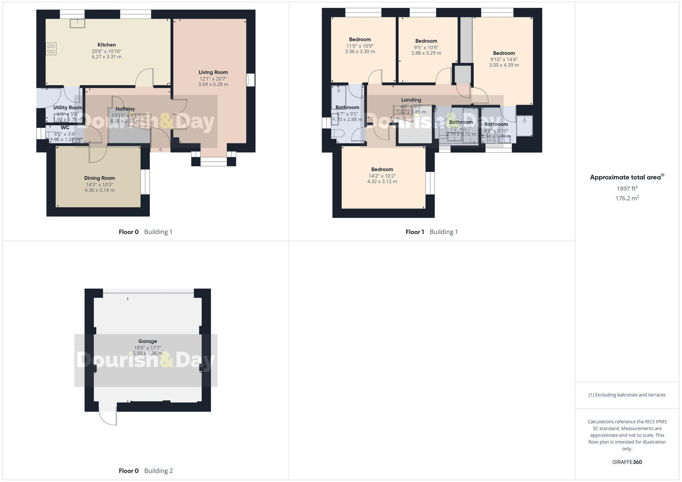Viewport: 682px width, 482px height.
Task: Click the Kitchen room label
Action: coord(107,45)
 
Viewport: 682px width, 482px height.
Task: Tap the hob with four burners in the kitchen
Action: coord(51,49)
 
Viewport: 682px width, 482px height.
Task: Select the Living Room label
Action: coord(213,72)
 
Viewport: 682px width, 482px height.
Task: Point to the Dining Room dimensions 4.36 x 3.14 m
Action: coord(100,190)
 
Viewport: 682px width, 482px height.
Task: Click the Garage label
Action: coord(148,341)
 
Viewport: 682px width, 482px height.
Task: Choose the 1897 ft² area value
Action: coord(627,188)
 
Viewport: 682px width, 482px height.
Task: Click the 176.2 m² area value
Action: coord(627,198)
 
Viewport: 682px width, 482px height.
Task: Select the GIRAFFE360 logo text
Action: coord(627,462)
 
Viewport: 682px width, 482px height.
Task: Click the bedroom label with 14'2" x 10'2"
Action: coord(382,169)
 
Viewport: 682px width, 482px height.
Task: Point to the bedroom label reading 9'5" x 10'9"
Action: coord(426,41)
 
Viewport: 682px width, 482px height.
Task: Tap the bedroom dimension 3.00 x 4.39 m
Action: coord(504,65)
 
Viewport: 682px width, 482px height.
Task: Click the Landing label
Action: coord(411,100)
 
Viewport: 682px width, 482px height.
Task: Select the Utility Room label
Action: coord(68,108)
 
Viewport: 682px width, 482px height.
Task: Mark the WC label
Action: coord(65,128)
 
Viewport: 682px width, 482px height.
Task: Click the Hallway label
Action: coord(125,109)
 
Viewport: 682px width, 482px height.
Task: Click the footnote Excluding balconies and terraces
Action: coord(627,395)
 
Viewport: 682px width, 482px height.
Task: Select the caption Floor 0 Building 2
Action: coord(146,471)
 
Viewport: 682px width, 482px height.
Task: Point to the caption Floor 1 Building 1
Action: coord(431,232)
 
